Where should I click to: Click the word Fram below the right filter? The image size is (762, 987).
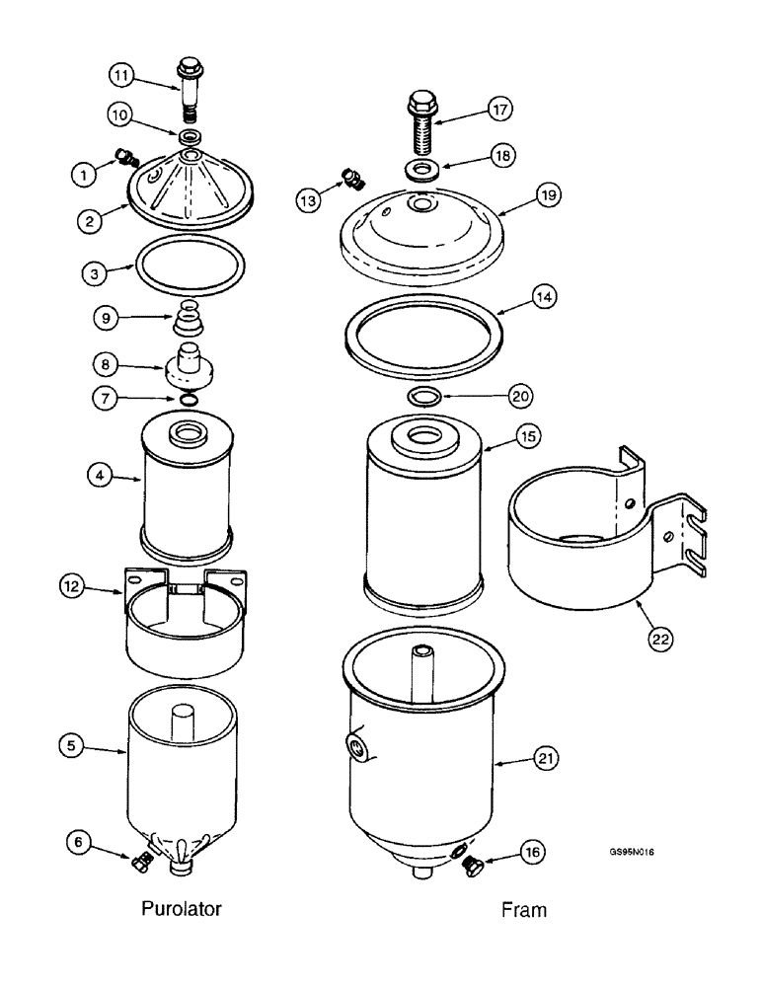[522, 910]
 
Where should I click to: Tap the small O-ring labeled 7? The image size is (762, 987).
[188, 399]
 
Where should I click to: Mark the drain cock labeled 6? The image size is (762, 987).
[139, 865]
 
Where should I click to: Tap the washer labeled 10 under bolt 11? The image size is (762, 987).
[187, 136]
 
